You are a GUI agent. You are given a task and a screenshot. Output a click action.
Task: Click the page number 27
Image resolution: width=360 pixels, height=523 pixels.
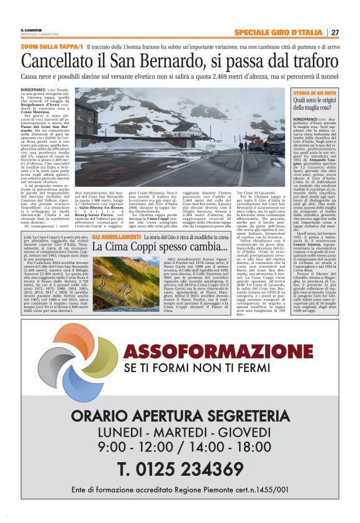[335, 32]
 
